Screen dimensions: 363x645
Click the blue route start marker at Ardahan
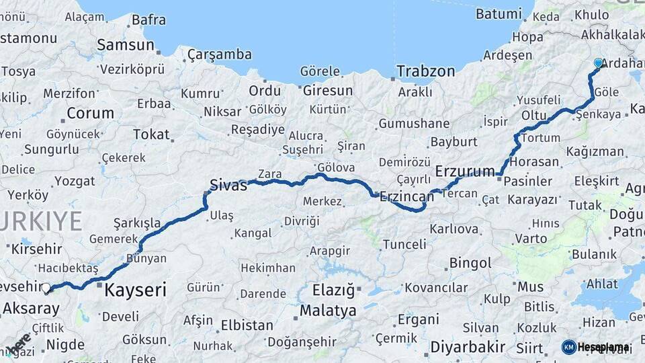point(598,63)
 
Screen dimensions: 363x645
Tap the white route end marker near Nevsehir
point(46,290)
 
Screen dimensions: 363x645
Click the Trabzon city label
point(425,71)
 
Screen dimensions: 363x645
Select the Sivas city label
point(228,185)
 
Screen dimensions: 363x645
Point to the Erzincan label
point(406,197)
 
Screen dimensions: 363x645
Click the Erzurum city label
point(465,171)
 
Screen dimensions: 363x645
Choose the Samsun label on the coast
point(126,45)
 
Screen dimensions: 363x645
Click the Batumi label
point(498,13)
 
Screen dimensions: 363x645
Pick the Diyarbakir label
point(468,347)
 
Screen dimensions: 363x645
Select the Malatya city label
point(328,311)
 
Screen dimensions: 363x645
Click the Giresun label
point(327,90)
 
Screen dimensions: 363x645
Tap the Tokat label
point(151,134)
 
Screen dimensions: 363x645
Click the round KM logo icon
point(568,347)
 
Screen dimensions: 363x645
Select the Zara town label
point(270,174)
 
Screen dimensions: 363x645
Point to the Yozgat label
point(74,181)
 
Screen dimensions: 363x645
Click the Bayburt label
point(454,142)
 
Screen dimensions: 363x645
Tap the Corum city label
point(89,113)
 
